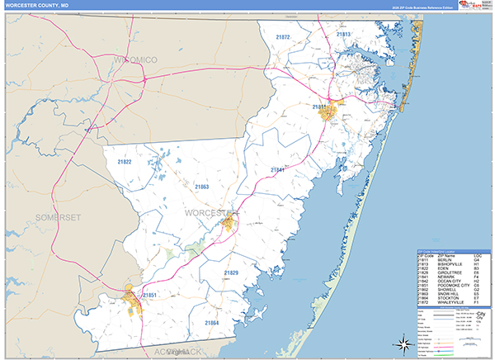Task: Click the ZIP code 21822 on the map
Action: [x=125, y=162]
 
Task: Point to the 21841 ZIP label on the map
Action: [x=277, y=170]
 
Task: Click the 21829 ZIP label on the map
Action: [x=231, y=272]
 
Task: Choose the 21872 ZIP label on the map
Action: [x=283, y=37]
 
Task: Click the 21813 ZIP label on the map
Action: [x=344, y=34]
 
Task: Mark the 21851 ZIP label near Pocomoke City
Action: [x=149, y=294]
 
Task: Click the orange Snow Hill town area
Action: [x=229, y=223]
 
